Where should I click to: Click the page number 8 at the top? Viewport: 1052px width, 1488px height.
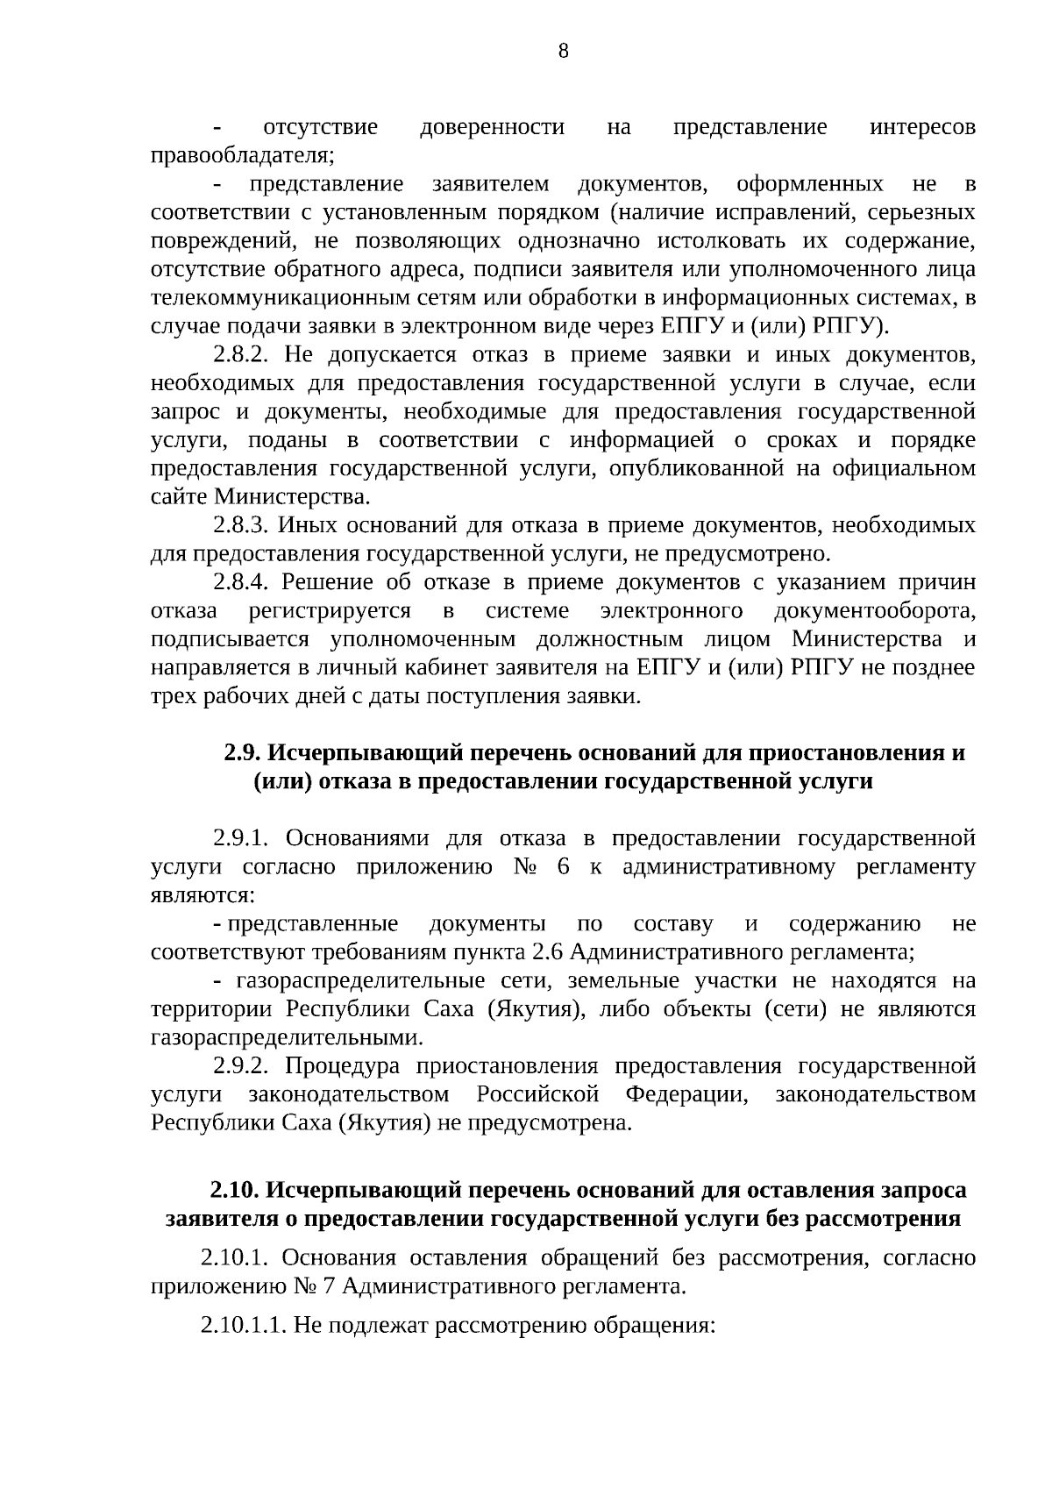pyautogui.click(x=563, y=51)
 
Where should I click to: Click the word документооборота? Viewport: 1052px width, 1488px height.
pyautogui.click(x=875, y=611)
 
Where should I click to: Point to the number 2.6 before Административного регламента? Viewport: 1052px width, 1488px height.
pyautogui.click(x=549, y=953)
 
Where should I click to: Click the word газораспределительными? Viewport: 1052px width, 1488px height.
pyautogui.click(x=286, y=1038)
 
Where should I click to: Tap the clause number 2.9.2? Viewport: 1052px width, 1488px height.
pyautogui.click(x=245, y=1067)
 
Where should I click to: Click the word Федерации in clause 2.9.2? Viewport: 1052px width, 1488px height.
pyautogui.click(x=686, y=1095)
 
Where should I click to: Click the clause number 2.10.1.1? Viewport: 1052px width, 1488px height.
pyautogui.click(x=243, y=1326)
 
